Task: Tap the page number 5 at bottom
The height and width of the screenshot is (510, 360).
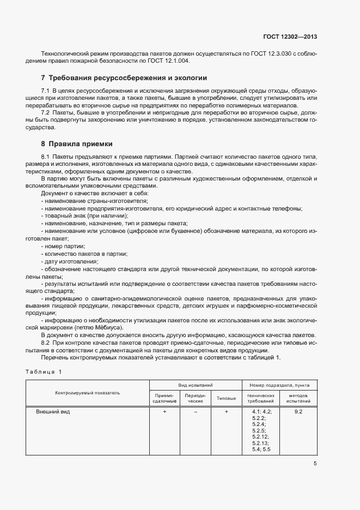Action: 315,464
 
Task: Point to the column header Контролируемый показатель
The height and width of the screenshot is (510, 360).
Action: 87,393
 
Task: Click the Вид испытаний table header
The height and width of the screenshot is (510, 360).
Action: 195,385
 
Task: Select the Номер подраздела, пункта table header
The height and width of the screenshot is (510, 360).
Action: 279,385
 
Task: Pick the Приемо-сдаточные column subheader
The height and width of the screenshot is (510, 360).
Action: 164,398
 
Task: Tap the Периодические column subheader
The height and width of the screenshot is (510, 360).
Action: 195,398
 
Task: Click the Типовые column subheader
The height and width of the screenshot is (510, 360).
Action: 226,398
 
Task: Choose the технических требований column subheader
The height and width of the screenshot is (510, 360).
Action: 261,398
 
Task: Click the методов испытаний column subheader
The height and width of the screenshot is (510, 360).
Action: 298,398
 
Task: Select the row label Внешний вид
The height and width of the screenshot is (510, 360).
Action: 53,412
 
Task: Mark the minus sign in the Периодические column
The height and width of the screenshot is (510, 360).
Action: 195,412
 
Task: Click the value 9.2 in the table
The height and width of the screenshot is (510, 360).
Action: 298,412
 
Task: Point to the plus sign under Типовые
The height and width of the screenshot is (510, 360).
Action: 226,412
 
